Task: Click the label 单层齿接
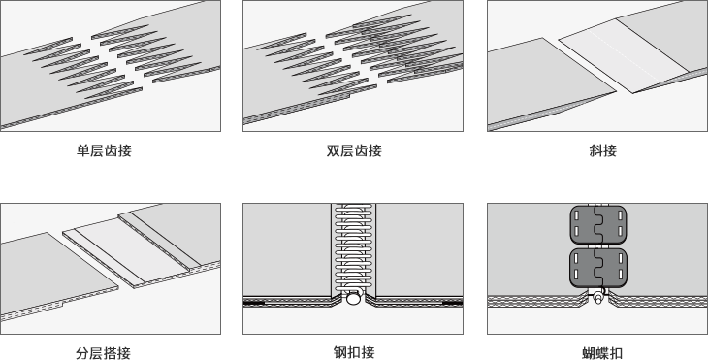[104, 150]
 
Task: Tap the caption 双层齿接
[354, 150]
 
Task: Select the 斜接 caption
[603, 150]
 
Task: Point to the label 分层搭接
[104, 353]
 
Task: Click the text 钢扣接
[354, 352]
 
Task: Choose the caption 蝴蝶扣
[603, 353]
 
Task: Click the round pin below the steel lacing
[354, 299]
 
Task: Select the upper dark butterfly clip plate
[598, 225]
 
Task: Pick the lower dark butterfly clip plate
[598, 268]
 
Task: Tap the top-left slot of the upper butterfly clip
[577, 215]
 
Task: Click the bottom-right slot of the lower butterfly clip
[621, 275]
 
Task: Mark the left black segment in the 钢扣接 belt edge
[254, 303]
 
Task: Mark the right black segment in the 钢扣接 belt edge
[452, 303]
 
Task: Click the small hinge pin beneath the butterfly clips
[598, 298]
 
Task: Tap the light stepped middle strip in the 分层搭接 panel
[131, 250]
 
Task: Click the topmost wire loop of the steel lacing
[354, 207]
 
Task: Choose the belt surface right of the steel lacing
[419, 249]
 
